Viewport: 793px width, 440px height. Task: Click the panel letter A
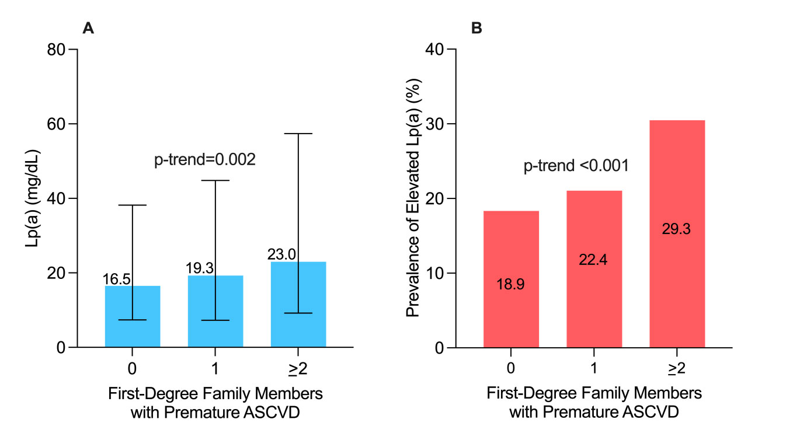click(88, 28)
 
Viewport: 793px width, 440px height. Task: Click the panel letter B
click(477, 28)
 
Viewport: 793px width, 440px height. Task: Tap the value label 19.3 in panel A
click(200, 268)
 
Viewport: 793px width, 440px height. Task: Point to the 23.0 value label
click(282, 255)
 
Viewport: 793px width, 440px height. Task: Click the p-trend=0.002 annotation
click(205, 160)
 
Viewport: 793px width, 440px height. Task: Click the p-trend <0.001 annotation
click(575, 166)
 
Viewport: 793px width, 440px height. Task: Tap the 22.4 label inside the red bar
click(593, 260)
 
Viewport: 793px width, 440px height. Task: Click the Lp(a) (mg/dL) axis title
click(32, 198)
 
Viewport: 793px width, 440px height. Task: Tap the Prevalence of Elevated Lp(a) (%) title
click(413, 198)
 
